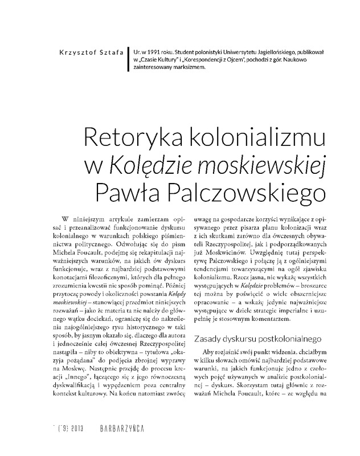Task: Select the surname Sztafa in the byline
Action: [114, 52]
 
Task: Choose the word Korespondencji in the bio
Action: [201, 60]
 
